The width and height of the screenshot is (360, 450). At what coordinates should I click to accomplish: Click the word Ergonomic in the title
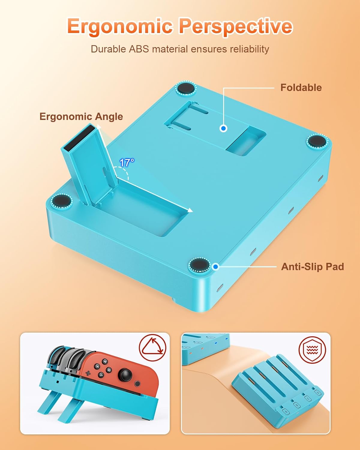click(120, 26)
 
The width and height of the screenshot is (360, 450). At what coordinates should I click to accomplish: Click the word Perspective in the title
click(235, 26)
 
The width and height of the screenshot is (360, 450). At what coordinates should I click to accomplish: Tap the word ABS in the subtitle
click(139, 49)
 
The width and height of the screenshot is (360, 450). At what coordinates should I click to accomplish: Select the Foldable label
click(301, 88)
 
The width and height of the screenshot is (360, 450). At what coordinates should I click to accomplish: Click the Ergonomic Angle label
click(81, 116)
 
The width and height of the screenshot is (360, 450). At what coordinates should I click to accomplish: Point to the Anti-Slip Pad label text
click(312, 267)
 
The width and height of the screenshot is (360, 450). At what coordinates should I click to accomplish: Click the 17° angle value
click(126, 163)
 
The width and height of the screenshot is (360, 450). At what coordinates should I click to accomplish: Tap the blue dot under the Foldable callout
click(223, 128)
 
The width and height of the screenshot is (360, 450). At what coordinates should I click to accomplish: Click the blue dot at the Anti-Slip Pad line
click(216, 266)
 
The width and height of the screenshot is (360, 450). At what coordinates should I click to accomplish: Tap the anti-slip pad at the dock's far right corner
click(317, 141)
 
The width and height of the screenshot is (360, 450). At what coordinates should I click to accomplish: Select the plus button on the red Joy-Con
click(88, 373)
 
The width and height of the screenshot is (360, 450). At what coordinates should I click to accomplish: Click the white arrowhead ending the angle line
click(190, 211)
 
